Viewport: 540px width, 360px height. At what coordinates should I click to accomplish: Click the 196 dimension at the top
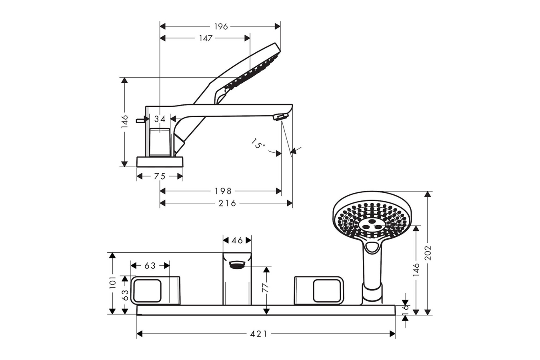coord(221,26)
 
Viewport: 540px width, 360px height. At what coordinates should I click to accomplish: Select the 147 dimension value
coord(206,38)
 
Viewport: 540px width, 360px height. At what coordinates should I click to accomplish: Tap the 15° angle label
coord(258,144)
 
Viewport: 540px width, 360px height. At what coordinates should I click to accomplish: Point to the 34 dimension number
coord(160,119)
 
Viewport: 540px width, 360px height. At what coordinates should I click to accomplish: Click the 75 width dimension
coord(160,176)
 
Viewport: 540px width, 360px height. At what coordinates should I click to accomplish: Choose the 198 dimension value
coord(223,191)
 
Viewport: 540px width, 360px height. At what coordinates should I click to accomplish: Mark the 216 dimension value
coord(227,204)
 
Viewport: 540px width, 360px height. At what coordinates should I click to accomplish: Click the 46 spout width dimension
coord(237,240)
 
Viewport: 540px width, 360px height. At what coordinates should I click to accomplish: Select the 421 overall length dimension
coord(259,334)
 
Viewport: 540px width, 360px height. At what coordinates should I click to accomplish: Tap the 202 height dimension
coord(428,253)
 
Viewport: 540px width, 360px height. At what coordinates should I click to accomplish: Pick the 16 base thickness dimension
coord(406,308)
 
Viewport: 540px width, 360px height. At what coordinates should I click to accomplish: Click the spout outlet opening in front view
coord(237,265)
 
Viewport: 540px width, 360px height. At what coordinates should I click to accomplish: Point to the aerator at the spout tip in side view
coord(280,117)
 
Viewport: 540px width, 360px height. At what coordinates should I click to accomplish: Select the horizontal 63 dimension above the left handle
coord(150,266)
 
